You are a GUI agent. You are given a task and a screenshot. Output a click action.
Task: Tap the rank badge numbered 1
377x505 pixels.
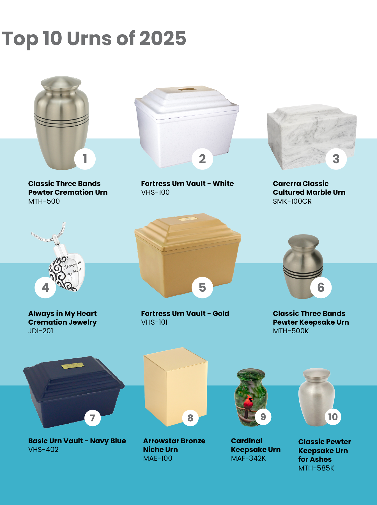pos(85,159)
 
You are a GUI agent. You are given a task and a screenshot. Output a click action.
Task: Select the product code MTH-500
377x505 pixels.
pos(44,201)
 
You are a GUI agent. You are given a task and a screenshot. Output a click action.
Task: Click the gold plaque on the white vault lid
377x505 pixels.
pos(187,89)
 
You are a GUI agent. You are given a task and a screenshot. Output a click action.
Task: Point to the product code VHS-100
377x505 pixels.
pos(155,192)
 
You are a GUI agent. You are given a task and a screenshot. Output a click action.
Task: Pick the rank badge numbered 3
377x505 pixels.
pos(336,159)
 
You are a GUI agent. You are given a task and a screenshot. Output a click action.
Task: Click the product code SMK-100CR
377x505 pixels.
pos(292,201)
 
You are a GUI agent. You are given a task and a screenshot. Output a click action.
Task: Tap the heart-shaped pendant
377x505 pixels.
pos(67,272)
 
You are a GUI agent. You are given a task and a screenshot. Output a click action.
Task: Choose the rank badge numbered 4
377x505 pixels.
pos(45,287)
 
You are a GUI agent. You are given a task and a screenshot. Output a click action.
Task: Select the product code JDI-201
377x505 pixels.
pos(41,331)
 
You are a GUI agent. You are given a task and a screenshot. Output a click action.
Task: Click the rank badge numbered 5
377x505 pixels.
pos(203,287)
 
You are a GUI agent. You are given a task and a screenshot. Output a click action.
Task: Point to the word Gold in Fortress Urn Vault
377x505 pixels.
pos(221,313)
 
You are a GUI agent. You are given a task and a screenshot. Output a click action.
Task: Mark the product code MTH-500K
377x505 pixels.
pos(291,331)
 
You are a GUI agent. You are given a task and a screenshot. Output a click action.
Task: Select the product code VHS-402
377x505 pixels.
pos(43,449)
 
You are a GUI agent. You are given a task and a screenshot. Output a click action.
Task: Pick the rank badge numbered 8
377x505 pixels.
pos(190,418)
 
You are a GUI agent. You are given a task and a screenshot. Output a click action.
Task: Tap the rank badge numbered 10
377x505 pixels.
pos(333,417)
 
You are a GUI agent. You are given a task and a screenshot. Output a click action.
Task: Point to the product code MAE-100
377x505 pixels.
pos(158,458)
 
